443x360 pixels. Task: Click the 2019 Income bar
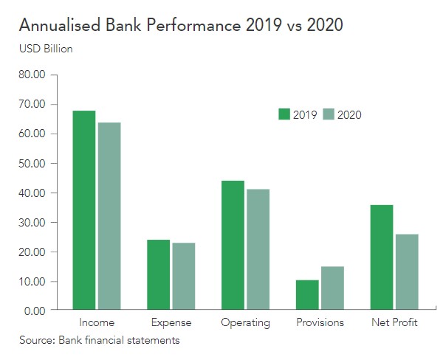pyautogui.click(x=83, y=210)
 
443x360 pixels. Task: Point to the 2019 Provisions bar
pyautogui.click(x=307, y=295)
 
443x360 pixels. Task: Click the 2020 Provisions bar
pyautogui.click(x=332, y=288)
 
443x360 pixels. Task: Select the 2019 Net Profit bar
pyautogui.click(x=382, y=257)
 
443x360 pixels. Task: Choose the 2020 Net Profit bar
pyautogui.click(x=407, y=272)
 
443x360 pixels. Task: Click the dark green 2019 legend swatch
pyautogui.click(x=284, y=114)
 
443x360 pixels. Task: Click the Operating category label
pyautogui.click(x=245, y=323)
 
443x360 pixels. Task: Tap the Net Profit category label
pyautogui.click(x=394, y=323)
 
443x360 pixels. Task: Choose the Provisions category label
pyautogui.click(x=320, y=323)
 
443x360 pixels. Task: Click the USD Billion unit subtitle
pyautogui.click(x=46, y=49)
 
